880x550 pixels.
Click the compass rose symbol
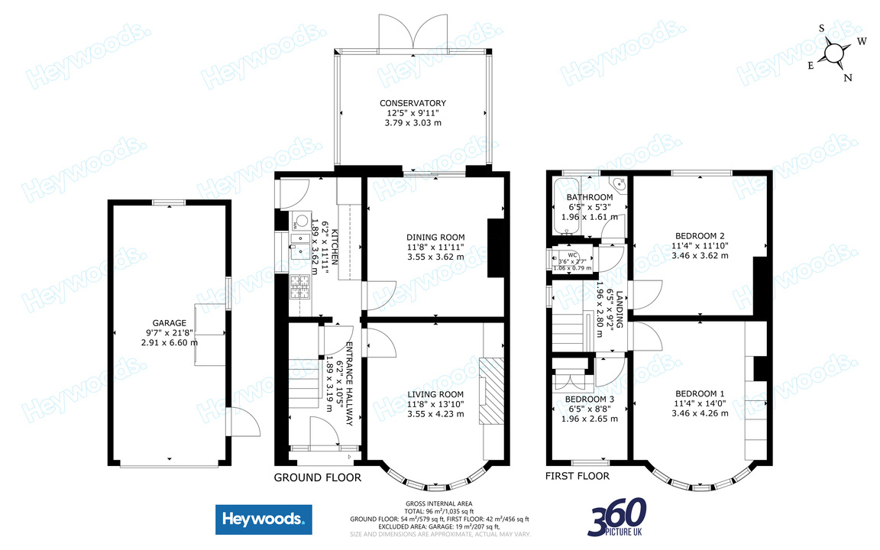tap(835, 53)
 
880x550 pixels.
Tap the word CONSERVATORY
tap(412, 103)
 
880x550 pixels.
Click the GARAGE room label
tap(169, 323)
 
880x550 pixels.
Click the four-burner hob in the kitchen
tap(298, 288)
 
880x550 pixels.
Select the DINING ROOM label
tap(435, 237)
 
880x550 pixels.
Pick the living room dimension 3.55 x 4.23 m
tap(435, 414)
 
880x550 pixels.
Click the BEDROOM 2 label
tap(700, 235)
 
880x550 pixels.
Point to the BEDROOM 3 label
tap(589, 399)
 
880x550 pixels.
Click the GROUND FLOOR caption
tap(317, 477)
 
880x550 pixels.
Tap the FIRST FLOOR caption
tap(577, 476)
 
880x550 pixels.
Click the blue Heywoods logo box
tap(264, 520)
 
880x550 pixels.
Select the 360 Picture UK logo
tap(618, 517)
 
